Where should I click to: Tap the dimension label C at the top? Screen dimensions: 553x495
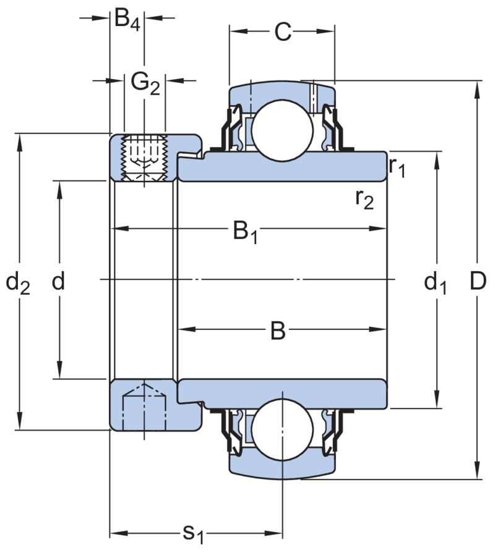pos(283,32)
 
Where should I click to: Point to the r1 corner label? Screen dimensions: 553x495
pos(397,167)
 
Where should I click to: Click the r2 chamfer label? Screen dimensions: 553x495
pos(365,199)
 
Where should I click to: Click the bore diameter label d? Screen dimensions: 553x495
pos(59,282)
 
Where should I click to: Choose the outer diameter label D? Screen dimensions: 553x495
pos(477,281)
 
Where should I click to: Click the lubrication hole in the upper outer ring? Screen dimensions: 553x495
pos(313,95)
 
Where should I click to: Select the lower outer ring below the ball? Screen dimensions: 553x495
pos(282,466)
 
